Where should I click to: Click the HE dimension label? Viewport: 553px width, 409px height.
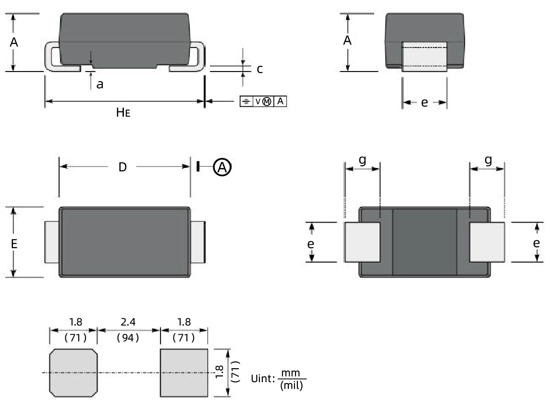(123, 113)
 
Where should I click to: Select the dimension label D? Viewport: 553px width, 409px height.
(123, 167)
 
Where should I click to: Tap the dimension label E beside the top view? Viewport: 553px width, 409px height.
(14, 243)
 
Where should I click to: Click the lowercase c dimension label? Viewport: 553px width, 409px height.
(259, 69)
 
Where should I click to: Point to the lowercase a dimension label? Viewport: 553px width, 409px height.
(99, 85)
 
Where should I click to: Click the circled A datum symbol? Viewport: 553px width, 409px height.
(222, 167)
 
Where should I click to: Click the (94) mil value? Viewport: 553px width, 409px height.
(128, 337)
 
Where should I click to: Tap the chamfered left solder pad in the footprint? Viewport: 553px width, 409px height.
(74, 373)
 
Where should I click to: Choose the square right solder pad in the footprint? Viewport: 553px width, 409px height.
(184, 373)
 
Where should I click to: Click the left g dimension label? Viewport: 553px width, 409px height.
(362, 160)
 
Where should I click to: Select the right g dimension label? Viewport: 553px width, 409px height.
(488, 160)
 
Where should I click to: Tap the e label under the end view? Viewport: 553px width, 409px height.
(424, 103)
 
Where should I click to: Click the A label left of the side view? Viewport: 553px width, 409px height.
(14, 42)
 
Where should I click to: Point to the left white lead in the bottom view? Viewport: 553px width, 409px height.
(362, 242)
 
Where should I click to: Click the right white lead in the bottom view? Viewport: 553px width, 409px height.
(487, 242)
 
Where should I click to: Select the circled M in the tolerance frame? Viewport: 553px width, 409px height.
(267, 101)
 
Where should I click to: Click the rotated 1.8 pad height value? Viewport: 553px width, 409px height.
(220, 372)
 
